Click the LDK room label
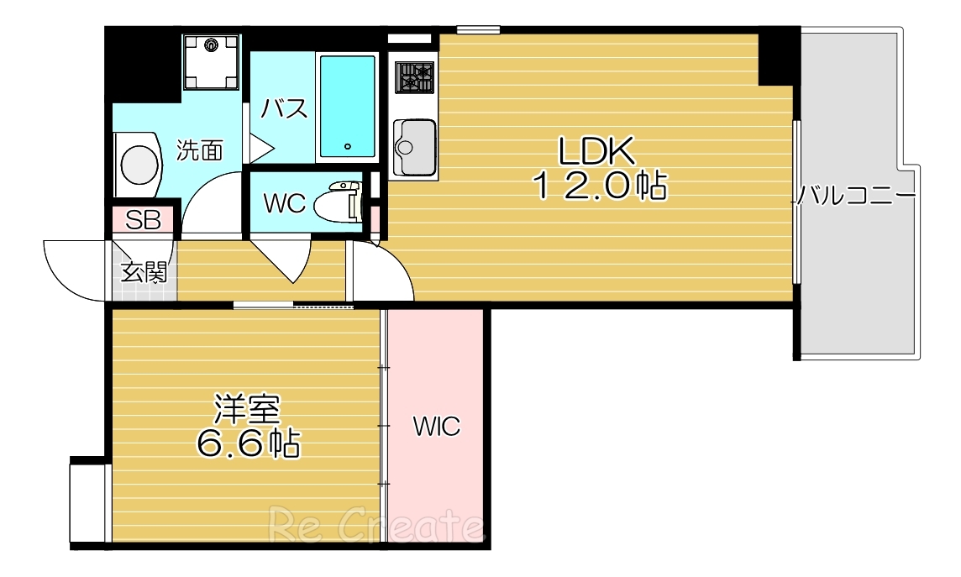click(596, 150)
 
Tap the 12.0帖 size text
click(601, 186)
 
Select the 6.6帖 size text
click(248, 442)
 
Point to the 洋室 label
click(247, 408)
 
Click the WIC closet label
click(436, 427)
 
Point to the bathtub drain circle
click(347, 147)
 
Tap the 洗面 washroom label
click(200, 150)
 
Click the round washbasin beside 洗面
click(139, 164)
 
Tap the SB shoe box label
click(143, 220)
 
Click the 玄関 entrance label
click(144, 272)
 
